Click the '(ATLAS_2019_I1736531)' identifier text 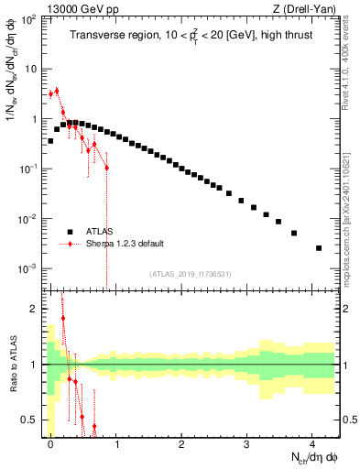(191, 274)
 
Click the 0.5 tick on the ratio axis (33, 420)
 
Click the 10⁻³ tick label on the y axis (31, 268)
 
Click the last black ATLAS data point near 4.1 (319, 248)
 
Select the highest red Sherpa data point (57, 90)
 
